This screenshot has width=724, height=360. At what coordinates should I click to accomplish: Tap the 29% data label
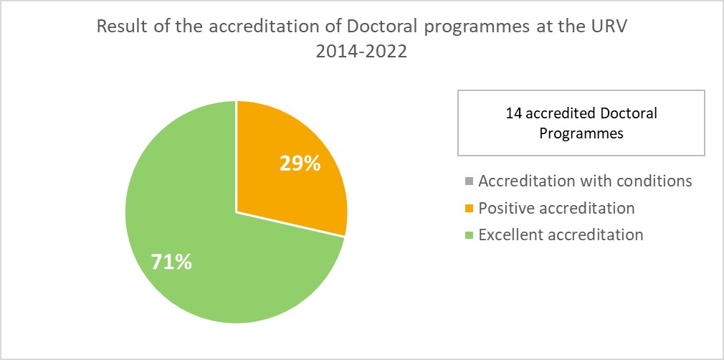[x=299, y=164]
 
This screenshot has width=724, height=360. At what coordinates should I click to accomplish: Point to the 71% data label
[x=171, y=262]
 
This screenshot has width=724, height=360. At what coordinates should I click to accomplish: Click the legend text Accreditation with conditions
[x=585, y=181]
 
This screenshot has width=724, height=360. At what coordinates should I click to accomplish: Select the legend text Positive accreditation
[x=556, y=209]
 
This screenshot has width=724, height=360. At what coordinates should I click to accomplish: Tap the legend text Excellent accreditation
[x=561, y=235]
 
